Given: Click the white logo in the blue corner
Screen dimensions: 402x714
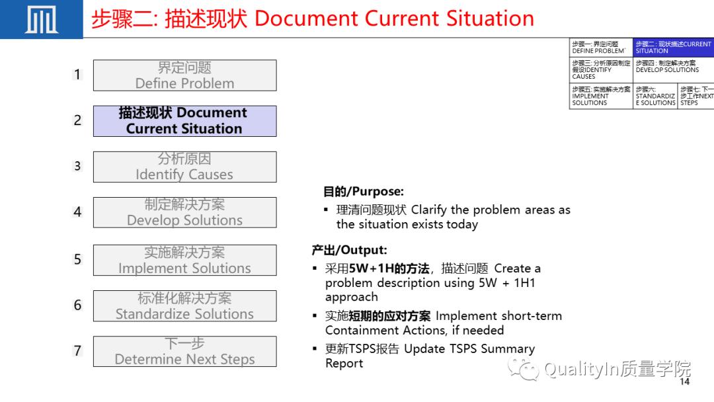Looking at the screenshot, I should tap(41, 20).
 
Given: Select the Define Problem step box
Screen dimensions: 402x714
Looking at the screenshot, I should tap(184, 75).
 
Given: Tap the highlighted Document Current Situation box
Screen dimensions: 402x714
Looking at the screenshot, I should tap(184, 121).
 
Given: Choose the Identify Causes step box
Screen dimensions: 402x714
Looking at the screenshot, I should tap(184, 167).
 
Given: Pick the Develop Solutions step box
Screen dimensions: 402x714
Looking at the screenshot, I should tap(184, 212).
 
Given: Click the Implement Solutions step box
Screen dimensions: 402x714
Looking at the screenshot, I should tap(184, 260).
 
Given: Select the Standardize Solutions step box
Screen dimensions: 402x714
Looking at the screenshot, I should tap(184, 305).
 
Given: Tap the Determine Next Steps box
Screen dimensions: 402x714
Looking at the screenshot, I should tap(184, 351).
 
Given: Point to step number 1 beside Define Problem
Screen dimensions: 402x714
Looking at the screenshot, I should tap(77, 75).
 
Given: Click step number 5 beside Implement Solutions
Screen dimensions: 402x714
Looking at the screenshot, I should tap(77, 260).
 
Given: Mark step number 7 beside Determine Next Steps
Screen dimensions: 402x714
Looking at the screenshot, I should tap(77, 351).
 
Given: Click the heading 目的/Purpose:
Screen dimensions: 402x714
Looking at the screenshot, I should tap(363, 192).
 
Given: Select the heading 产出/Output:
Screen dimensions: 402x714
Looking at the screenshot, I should tap(349, 250).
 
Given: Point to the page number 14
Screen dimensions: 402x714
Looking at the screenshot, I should tap(684, 382).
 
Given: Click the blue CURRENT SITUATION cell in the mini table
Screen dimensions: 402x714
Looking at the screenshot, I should tap(673, 47).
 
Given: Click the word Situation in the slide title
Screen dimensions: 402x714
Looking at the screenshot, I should tap(489, 19).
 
